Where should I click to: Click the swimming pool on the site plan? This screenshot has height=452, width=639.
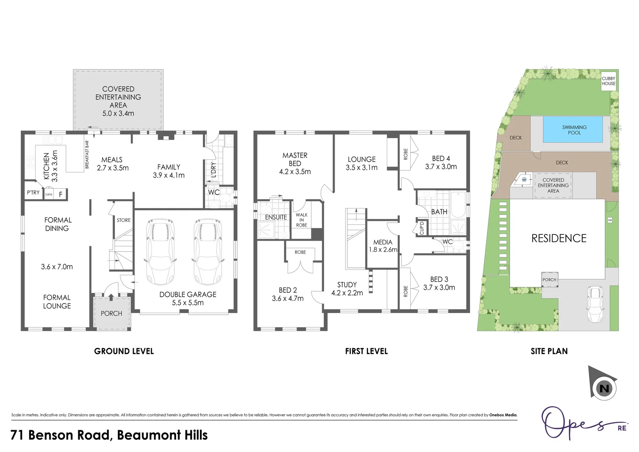[573, 130]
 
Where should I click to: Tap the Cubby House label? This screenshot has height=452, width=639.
[608, 81]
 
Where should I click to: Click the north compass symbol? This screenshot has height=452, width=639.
[603, 388]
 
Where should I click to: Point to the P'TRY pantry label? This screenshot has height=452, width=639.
[33, 193]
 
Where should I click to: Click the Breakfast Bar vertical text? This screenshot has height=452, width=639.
[87, 154]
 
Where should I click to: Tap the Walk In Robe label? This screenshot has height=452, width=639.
[302, 220]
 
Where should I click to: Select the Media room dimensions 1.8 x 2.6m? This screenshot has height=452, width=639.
[383, 250]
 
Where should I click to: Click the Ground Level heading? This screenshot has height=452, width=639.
[124, 351]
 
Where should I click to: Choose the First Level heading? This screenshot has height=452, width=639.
[366, 351]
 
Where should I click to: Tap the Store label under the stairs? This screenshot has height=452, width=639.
[123, 220]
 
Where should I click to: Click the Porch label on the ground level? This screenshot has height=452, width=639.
[111, 313]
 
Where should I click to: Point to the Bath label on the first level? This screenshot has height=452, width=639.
[439, 212]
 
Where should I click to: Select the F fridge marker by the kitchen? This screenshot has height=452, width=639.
[61, 194]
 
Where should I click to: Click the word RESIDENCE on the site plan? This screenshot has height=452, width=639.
[559, 239]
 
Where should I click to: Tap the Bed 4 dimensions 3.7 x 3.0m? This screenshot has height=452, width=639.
[441, 167]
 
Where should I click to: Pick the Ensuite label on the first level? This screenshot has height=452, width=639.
[276, 217]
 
